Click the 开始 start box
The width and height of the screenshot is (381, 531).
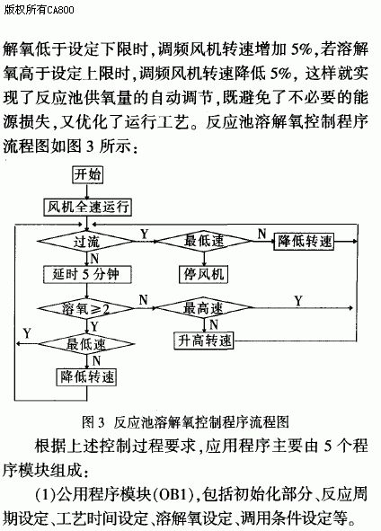click(88, 174)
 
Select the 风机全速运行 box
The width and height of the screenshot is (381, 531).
click(87, 207)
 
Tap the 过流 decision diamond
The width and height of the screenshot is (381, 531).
click(86, 242)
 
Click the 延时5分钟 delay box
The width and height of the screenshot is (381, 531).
click(87, 274)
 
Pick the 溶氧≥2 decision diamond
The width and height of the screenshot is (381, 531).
click(86, 308)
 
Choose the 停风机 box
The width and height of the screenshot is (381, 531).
click(204, 274)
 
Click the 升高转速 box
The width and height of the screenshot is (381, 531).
click(204, 341)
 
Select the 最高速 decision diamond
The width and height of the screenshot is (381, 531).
click(204, 308)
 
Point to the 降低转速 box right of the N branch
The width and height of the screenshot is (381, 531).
click(304, 242)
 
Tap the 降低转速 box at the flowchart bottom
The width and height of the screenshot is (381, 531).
click(86, 377)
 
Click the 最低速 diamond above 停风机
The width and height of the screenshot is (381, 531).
click(204, 241)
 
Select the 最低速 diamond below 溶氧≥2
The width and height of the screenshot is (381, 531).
click(86, 344)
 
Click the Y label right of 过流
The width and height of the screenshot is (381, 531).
click(145, 234)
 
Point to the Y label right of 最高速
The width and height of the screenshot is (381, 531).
click(298, 301)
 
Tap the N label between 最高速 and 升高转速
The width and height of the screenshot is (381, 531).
click(214, 324)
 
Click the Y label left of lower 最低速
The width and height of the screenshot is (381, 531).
click(27, 333)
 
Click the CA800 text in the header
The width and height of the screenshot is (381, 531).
click(60, 10)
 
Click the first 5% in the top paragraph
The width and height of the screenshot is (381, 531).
click(301, 49)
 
